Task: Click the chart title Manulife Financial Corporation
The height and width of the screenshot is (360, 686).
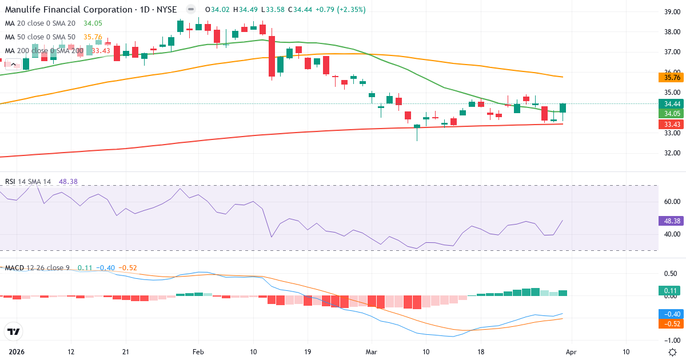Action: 69,10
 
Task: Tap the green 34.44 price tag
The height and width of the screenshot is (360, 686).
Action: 670,104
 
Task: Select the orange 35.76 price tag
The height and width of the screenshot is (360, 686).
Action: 670,78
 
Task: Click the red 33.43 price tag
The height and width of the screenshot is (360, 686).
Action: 670,125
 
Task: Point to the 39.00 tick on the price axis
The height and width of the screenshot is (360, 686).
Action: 671,11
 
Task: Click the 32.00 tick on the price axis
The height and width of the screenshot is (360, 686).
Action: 671,153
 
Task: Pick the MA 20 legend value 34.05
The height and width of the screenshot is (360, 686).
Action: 93,23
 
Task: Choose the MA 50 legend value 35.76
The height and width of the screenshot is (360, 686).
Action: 93,37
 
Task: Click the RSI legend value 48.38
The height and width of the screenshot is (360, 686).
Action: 68,182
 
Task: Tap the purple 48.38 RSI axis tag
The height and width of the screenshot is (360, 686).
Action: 670,220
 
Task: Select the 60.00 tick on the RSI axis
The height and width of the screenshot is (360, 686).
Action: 671,202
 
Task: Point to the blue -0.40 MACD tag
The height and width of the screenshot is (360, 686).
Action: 670,314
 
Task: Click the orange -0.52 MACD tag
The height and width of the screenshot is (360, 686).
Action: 670,323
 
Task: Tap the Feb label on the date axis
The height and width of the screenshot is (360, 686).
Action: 198,352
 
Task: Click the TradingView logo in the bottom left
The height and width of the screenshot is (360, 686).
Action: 13,331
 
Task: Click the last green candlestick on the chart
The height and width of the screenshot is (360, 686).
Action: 563,108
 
